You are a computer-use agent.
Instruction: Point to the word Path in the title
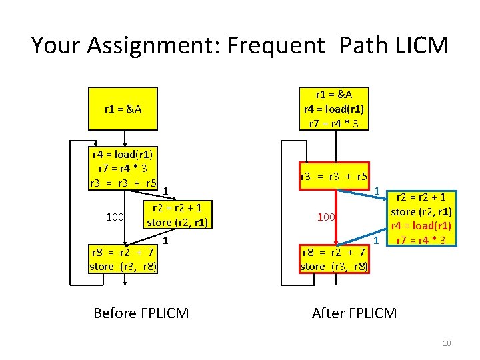[357, 45]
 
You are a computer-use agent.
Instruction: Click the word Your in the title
[56, 45]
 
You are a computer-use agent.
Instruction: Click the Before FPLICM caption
[141, 313]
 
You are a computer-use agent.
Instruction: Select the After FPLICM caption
[354, 313]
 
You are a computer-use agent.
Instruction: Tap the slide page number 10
[447, 343]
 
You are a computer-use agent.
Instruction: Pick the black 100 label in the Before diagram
[115, 217]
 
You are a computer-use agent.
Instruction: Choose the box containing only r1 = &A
[123, 109]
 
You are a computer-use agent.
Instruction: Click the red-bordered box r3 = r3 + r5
[334, 177]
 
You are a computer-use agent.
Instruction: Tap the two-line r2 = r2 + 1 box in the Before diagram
[179, 215]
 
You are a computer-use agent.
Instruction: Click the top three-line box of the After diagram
[334, 109]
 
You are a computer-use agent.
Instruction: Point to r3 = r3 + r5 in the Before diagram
[123, 182]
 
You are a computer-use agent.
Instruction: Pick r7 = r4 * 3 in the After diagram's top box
[334, 123]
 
